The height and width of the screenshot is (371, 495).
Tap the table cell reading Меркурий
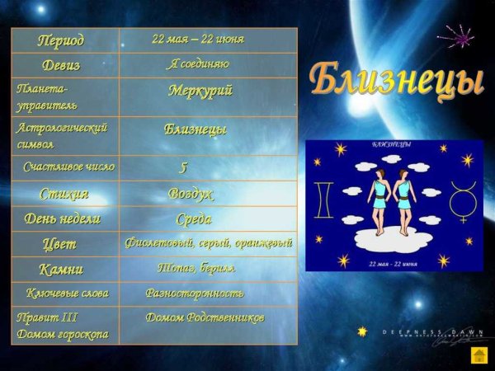(200, 91)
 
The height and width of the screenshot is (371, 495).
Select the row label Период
(61, 40)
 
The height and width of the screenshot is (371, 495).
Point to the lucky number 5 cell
(184, 167)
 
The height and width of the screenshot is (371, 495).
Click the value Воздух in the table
(191, 195)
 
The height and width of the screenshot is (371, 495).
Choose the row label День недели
(63, 219)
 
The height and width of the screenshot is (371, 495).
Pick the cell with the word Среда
(194, 219)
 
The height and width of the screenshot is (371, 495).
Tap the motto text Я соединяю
(198, 64)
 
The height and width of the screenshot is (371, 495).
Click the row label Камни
(61, 270)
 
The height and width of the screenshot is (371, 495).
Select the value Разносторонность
(195, 294)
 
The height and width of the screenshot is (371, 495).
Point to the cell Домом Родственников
(205, 317)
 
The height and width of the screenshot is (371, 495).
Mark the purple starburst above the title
(460, 35)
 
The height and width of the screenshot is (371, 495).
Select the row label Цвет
(59, 244)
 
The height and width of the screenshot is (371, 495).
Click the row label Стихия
(64, 195)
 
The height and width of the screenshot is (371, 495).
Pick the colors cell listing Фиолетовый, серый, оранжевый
(208, 243)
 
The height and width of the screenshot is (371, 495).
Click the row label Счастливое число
(68, 167)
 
